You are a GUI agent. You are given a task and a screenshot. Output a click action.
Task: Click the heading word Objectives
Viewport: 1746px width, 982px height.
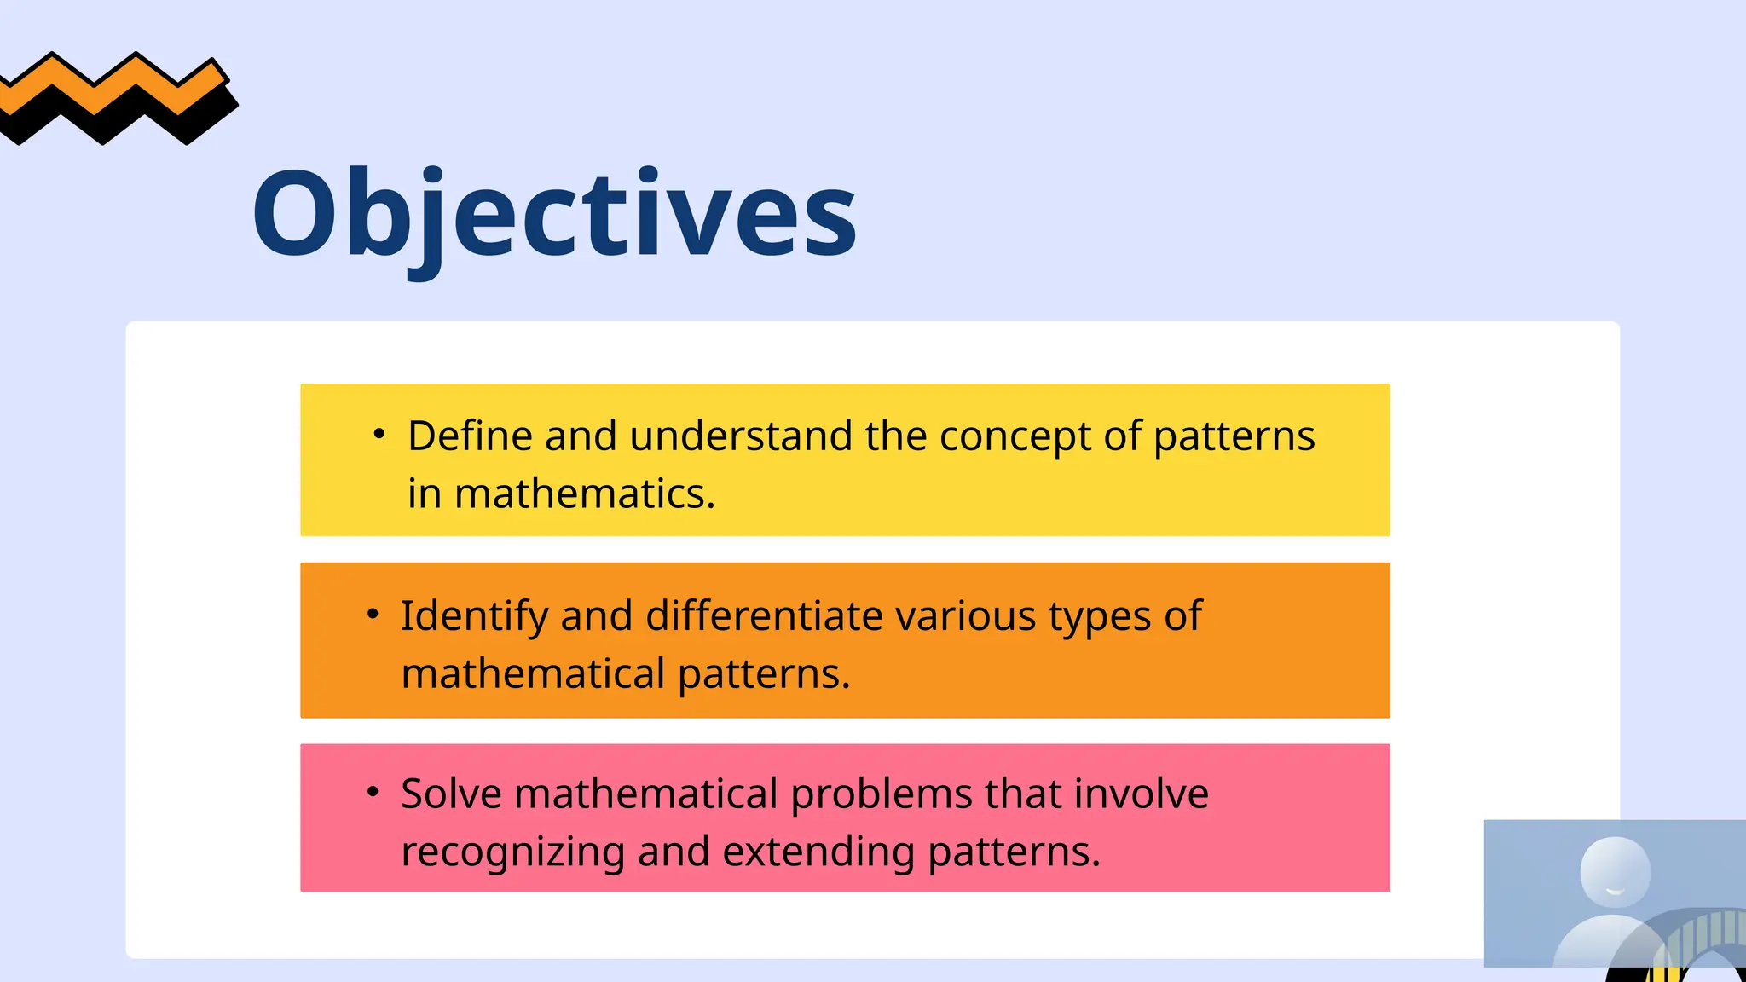[x=554, y=213]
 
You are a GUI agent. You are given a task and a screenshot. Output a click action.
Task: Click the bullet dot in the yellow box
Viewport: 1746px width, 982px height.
[x=379, y=434]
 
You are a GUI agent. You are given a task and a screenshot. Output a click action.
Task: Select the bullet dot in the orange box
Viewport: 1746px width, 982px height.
[x=373, y=613]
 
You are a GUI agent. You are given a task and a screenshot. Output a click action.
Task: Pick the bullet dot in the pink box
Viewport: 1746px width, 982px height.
[x=373, y=791]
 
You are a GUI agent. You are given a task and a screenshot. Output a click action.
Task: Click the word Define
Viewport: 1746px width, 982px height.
[x=470, y=436]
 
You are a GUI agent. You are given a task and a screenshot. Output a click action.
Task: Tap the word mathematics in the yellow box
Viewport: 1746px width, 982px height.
[x=585, y=494]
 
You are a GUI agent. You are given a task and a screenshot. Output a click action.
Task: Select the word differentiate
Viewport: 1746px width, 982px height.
[x=764, y=615]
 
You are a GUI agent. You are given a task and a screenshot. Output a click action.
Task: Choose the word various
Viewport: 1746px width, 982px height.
[x=965, y=615]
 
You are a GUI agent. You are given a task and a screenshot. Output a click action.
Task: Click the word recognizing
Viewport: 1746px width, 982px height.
[x=512, y=852]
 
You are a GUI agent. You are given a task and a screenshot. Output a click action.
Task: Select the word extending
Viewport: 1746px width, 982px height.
[x=818, y=852]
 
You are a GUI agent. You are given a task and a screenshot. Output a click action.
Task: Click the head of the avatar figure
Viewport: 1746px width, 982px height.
[x=1615, y=871]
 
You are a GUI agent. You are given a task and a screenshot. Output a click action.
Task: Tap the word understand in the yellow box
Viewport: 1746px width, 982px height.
[x=741, y=436]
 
